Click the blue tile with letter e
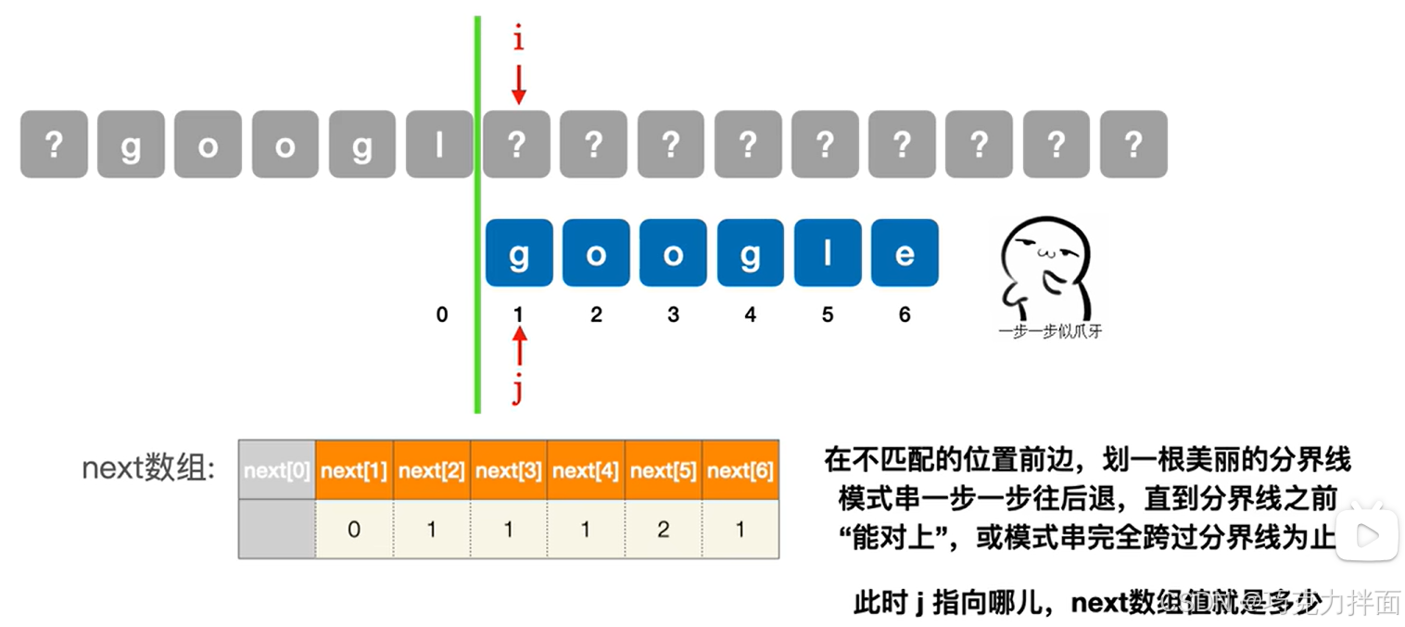pyautogui.click(x=905, y=253)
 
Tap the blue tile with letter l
pyautogui.click(x=828, y=253)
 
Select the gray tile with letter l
pyautogui.click(x=440, y=144)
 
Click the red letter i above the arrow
pyautogui.click(x=519, y=39)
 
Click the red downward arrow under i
pyautogui.click(x=519, y=83)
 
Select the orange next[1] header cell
pyautogui.click(x=354, y=470)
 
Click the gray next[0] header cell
pyautogui.click(x=277, y=470)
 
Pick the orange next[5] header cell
pyautogui.click(x=664, y=470)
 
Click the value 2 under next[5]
pyautogui.click(x=664, y=530)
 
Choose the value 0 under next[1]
pyautogui.click(x=354, y=530)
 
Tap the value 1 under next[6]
pyautogui.click(x=740, y=530)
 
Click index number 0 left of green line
pyautogui.click(x=442, y=315)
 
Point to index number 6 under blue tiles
pyautogui.click(x=905, y=315)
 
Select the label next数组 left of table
pyautogui.click(x=148, y=468)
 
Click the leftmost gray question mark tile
pyautogui.click(x=54, y=144)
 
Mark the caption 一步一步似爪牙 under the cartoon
pyautogui.click(x=1049, y=331)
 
